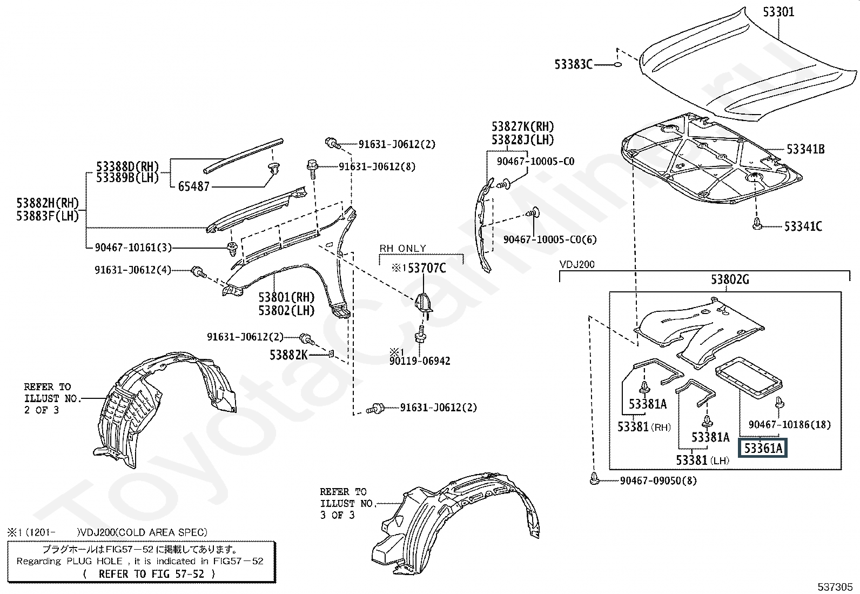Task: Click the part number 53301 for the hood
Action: [778, 11]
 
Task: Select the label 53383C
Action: [573, 64]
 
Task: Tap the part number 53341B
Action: [805, 149]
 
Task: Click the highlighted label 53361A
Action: [763, 448]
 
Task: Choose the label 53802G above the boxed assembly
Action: [730, 279]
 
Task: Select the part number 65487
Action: [193, 186]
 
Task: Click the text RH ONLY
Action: [402, 249]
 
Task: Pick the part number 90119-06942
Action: [419, 361]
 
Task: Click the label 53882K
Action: [288, 355]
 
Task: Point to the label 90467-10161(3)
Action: [133, 248]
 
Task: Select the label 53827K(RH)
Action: [522, 126]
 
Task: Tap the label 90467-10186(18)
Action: [789, 425]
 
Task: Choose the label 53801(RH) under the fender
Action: [286, 297]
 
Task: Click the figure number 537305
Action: [835, 586]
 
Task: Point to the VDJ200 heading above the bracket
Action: [577, 265]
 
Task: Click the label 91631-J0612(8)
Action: [377, 166]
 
